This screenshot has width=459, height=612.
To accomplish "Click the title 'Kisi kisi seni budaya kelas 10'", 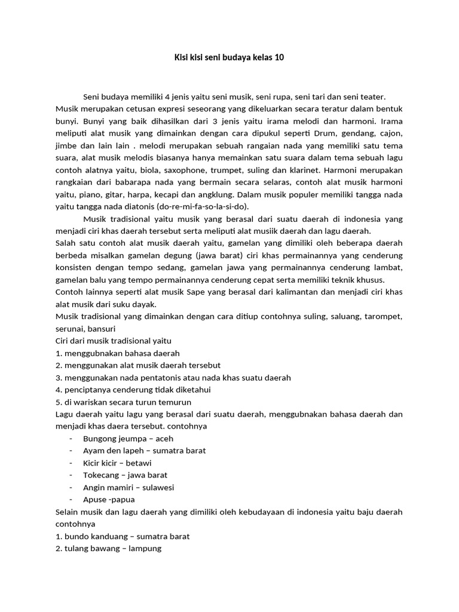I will (229, 58).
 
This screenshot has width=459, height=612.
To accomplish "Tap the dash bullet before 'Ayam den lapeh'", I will (71, 451).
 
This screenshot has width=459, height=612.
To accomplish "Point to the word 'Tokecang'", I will (101, 475).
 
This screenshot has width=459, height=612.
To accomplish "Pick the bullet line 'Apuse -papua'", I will (109, 500).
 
